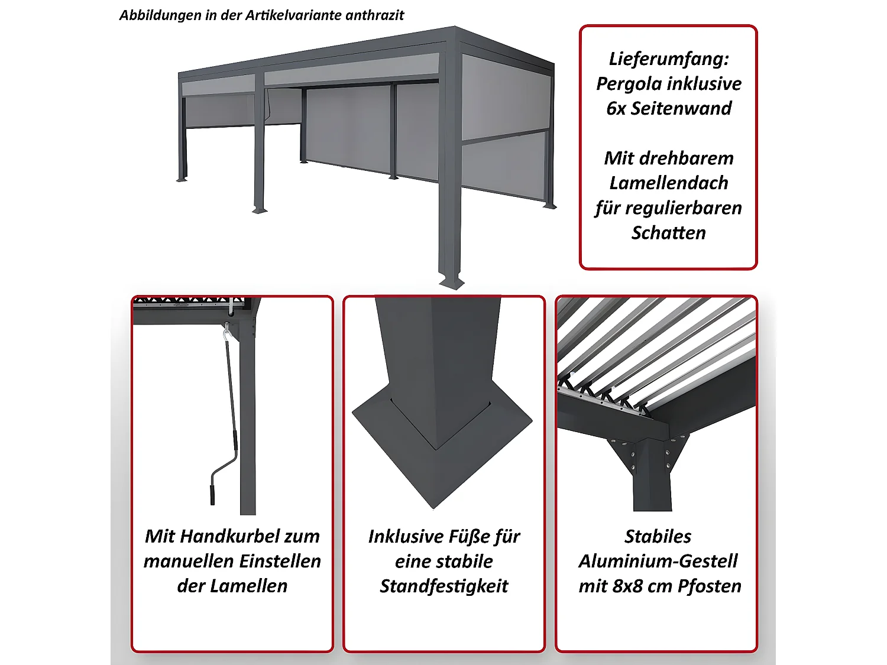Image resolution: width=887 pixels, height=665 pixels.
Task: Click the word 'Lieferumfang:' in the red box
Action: tap(669, 59)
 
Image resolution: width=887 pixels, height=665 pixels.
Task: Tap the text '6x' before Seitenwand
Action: tap(616, 109)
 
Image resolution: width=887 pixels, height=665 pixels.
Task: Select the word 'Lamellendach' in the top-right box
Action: tap(669, 183)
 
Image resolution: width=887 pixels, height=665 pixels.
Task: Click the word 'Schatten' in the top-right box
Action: tap(669, 233)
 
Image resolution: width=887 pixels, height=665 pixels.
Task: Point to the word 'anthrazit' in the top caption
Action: tap(374, 15)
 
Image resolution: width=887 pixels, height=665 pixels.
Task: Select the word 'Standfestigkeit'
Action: tap(444, 586)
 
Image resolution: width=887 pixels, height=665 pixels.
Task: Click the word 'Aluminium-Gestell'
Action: tap(658, 561)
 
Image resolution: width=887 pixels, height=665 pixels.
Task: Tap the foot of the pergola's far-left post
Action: tap(182, 179)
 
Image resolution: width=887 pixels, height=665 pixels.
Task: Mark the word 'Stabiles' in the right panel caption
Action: tap(658, 536)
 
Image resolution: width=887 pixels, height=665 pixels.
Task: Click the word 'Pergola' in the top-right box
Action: tap(629, 84)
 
